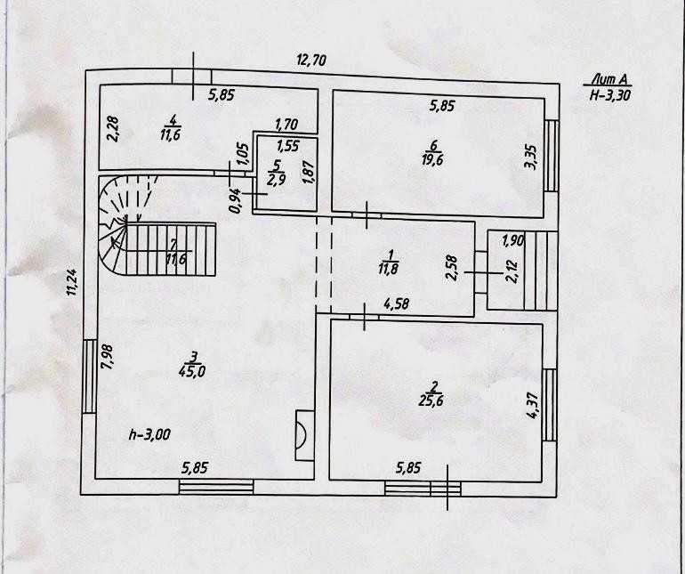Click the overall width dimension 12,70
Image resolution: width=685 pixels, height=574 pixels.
point(311,61)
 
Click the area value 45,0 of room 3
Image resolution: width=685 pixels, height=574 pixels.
point(191,372)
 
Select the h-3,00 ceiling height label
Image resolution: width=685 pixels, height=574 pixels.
point(150,434)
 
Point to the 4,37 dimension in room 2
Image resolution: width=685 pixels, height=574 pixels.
point(532,405)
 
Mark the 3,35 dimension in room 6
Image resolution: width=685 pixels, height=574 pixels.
point(530,157)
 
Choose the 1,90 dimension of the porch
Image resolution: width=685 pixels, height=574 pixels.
point(512,239)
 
